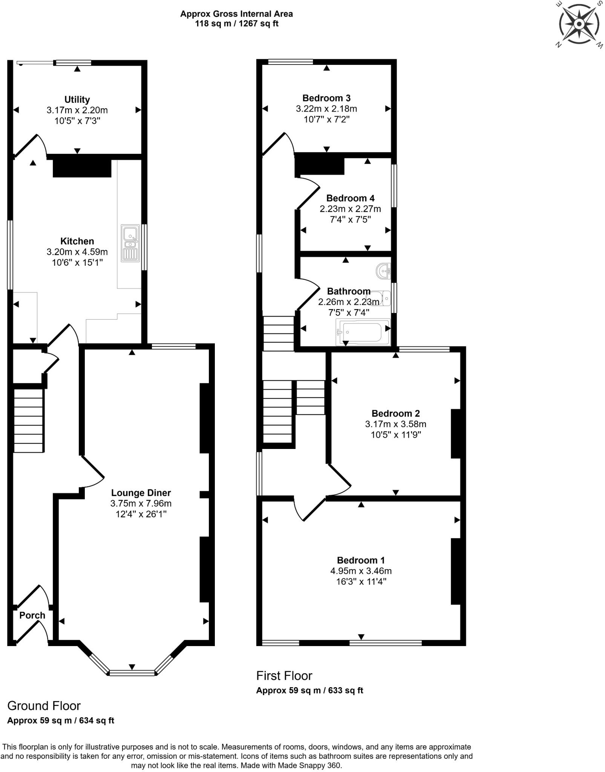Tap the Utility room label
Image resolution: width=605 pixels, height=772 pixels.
point(77,100)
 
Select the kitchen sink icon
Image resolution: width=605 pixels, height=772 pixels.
point(130,243)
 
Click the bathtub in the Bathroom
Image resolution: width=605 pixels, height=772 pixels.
point(363,332)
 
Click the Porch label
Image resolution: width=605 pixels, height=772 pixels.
point(32,616)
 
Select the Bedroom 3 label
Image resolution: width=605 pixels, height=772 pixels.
point(326,98)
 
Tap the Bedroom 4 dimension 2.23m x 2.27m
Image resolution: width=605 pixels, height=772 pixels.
point(350,209)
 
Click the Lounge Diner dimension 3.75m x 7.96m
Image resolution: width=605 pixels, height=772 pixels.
point(141,503)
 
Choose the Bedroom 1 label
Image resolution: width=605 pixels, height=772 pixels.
point(361,560)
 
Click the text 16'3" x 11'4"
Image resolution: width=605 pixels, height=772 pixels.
point(361,581)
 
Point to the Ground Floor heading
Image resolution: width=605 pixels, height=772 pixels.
point(44,706)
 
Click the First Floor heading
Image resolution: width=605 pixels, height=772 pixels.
point(284,675)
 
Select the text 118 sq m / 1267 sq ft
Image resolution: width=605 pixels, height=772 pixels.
point(236,24)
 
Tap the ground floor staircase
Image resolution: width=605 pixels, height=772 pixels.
point(29,420)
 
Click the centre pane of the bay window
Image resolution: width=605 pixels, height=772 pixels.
point(132,673)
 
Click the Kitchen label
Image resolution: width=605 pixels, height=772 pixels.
point(77,241)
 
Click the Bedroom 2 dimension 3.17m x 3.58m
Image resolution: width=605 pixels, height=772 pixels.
point(395,424)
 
